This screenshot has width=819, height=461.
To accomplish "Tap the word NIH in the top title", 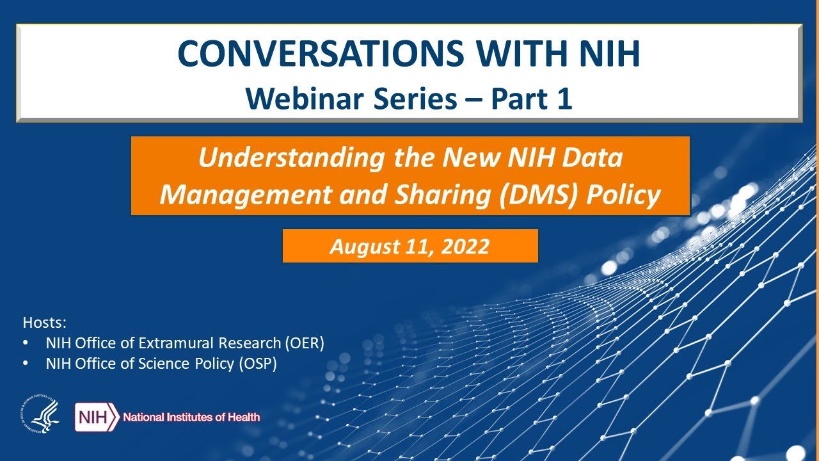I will (603, 54).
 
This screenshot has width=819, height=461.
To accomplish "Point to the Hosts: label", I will (45, 321).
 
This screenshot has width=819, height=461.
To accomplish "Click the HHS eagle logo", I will (40, 416).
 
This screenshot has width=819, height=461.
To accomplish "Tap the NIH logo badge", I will (97, 417).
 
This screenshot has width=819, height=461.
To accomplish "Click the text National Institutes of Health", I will (191, 417).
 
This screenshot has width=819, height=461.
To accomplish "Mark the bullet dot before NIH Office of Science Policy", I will (26, 364).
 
